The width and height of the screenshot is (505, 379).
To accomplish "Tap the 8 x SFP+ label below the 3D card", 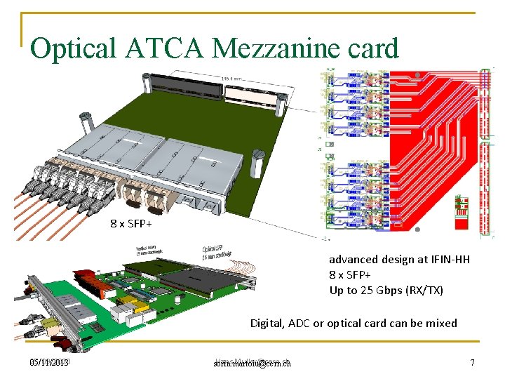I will (130, 225).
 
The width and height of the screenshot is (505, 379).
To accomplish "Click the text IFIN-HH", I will (450, 259).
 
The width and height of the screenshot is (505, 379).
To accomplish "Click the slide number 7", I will (473, 363).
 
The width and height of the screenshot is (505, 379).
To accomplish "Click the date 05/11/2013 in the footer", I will (45, 363).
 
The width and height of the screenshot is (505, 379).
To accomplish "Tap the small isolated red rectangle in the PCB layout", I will (462, 205).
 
